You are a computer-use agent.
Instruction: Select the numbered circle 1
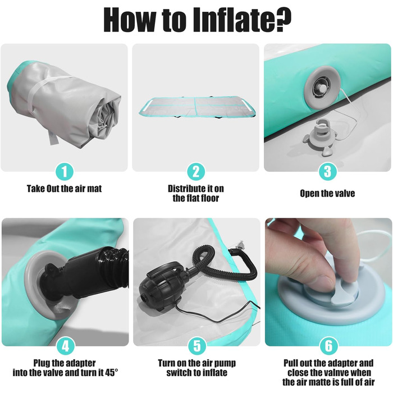point(65,172)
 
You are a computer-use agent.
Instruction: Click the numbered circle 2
point(196,172)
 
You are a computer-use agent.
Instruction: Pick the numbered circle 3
point(327,172)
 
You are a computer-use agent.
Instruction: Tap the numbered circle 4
point(66,346)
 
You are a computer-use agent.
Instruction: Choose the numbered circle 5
point(197,346)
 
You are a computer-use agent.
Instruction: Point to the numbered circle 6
point(328,346)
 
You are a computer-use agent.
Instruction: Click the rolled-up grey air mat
point(64,106)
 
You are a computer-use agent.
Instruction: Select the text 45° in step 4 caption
point(112,373)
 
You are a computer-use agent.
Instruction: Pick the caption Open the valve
point(327,194)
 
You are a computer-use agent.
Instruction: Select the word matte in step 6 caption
point(330,382)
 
